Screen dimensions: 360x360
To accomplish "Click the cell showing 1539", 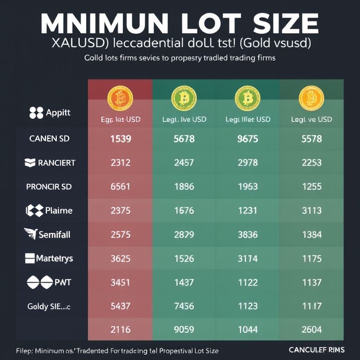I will point(120,139).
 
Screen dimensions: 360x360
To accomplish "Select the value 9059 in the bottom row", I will point(184,330).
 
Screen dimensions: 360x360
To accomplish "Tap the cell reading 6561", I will point(120,187).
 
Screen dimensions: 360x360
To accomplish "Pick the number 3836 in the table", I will point(247,234).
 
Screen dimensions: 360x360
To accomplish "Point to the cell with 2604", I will point(312,330).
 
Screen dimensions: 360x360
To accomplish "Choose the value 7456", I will point(184,306).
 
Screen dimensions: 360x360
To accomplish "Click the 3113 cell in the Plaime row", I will point(312,210).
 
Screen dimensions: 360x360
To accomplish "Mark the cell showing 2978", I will point(247,163).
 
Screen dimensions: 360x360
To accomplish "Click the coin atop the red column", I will point(120,97).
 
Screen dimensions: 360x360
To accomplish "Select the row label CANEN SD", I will point(50,139).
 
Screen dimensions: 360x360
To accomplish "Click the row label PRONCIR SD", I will point(49,187).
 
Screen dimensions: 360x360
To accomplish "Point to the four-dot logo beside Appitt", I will point(36,113).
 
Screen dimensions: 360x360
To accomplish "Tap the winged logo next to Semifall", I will point(31,233).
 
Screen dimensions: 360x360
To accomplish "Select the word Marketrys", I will point(55,258).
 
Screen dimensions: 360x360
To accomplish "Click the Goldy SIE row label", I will point(49,306).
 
